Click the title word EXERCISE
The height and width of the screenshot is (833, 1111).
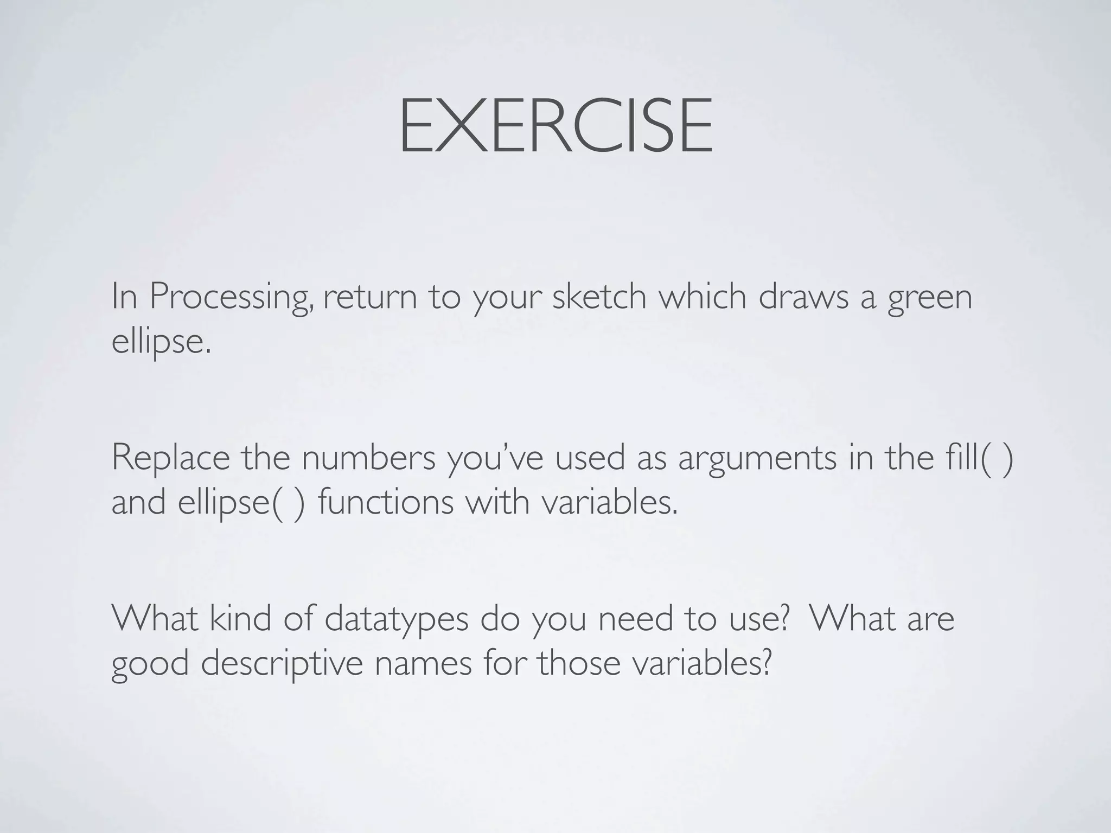555,126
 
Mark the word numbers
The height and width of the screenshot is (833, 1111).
368,457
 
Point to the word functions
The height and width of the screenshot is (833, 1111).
386,502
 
